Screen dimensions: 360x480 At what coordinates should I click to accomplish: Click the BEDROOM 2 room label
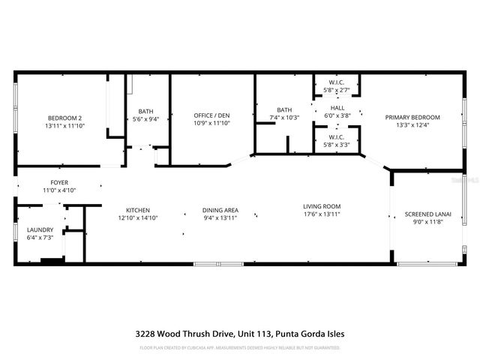tap(64, 118)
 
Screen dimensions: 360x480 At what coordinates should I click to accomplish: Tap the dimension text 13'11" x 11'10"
tap(64, 125)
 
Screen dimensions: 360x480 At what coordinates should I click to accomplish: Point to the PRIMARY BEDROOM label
tap(412, 117)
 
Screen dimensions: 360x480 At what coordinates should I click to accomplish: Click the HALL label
tap(337, 107)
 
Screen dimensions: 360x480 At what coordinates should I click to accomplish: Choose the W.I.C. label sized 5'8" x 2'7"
tap(337, 82)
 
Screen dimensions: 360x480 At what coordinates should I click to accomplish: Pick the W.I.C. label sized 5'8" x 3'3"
tap(337, 137)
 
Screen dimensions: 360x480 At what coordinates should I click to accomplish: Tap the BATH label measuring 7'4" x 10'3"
tap(284, 109)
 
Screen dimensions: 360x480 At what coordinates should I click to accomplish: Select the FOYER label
tap(58, 182)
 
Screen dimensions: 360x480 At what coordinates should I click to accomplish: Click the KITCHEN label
tap(138, 210)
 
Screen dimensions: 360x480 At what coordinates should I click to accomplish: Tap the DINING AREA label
tap(220, 210)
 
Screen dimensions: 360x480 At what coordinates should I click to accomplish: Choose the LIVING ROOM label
tap(322, 206)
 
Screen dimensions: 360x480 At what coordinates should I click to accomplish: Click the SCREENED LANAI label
tap(427, 214)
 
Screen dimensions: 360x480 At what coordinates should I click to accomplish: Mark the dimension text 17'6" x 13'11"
tap(322, 214)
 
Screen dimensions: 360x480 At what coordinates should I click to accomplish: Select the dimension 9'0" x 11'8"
tap(427, 222)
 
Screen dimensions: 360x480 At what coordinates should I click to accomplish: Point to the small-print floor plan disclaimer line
tap(240, 347)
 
